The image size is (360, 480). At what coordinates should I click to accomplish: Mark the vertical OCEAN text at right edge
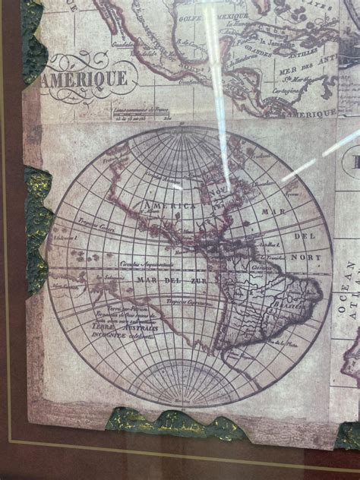[350, 281]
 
